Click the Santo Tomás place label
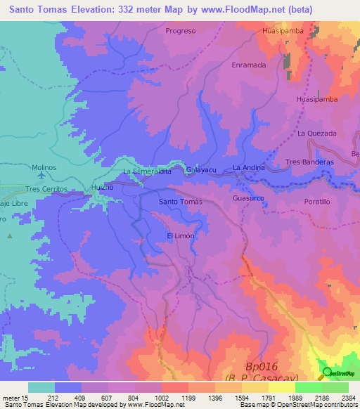tap(181, 202)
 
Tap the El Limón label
tap(180, 235)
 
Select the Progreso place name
tap(180, 31)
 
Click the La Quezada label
tap(317, 133)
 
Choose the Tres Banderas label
tap(309, 162)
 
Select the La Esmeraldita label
tap(147, 171)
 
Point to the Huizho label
tap(102, 188)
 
